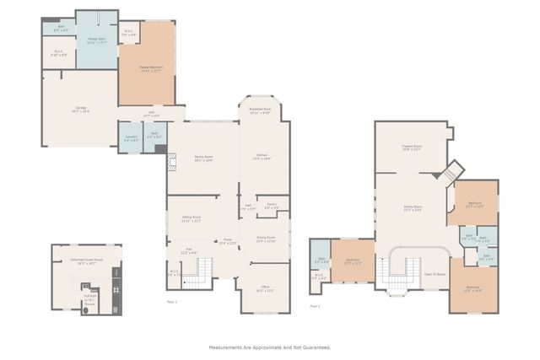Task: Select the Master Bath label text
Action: tap(97, 40)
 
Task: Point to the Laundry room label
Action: tap(130, 136)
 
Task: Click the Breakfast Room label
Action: tap(259, 110)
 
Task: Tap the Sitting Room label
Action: tap(191, 218)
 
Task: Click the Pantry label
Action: tap(273, 205)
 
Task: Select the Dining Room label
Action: tap(265, 239)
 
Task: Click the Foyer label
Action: tap(228, 241)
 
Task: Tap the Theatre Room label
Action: tap(411, 148)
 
